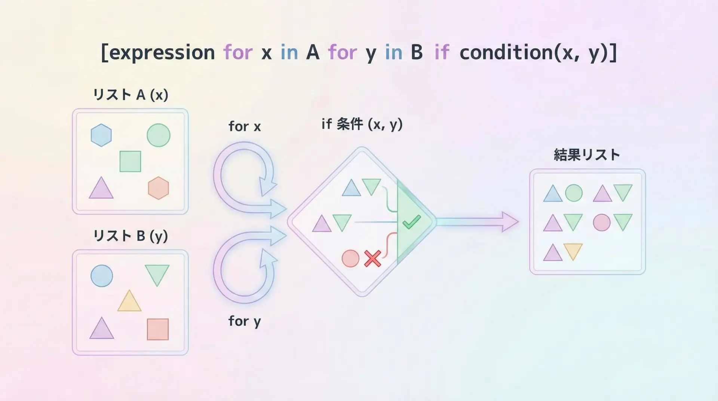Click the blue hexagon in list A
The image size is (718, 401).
point(101,135)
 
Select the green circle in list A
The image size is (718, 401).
point(159,135)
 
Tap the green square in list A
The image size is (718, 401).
point(130,161)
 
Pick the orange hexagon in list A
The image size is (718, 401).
point(159,188)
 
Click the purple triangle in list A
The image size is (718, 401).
point(101,189)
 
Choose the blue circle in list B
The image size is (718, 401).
point(102,276)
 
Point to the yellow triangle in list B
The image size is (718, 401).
point(129,301)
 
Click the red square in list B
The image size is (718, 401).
point(158,329)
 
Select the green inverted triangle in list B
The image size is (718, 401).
point(157,275)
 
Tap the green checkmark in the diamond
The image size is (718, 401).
point(412,222)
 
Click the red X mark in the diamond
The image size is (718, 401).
point(372,258)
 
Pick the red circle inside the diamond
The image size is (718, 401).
point(350,258)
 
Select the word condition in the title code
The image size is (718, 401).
point(506,52)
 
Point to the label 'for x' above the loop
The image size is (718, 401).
point(245,126)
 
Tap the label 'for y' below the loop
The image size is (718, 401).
point(245,321)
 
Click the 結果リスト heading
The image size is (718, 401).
point(587,154)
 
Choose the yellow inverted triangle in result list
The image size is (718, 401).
point(573,251)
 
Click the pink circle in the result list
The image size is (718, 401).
point(602,222)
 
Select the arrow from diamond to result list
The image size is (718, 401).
point(477,222)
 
